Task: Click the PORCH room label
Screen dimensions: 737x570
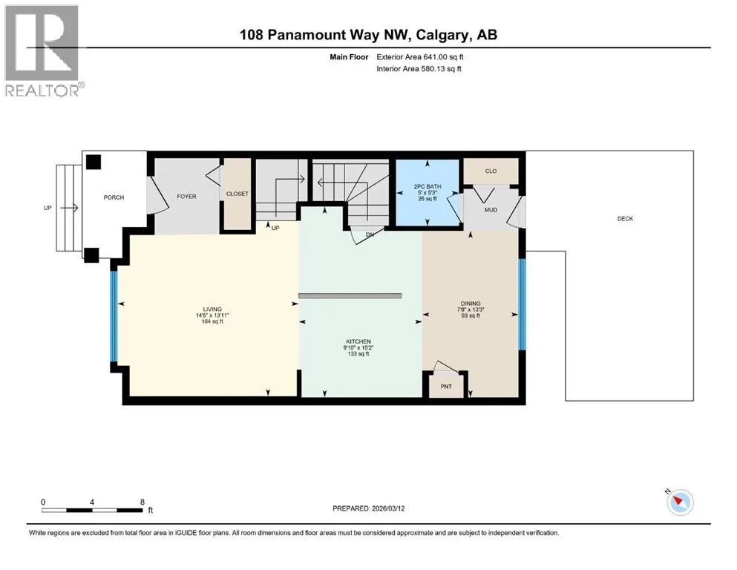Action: [114, 197]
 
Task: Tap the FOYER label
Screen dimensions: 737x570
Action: [186, 197]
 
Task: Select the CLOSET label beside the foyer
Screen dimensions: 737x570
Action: [238, 194]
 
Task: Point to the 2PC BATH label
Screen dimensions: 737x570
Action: [428, 186]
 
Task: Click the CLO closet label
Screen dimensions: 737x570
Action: [491, 171]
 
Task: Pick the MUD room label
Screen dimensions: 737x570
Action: [491, 210]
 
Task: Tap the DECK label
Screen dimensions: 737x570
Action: [625, 218]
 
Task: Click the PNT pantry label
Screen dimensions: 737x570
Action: [446, 386]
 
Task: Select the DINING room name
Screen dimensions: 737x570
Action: [471, 304]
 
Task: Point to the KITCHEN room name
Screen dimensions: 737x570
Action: [358, 341]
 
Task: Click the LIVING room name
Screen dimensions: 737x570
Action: [212, 309]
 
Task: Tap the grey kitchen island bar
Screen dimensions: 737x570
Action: [350, 296]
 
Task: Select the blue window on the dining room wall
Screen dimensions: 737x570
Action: [522, 304]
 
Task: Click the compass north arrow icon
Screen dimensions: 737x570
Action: [680, 502]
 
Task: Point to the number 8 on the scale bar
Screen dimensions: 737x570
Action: [142, 502]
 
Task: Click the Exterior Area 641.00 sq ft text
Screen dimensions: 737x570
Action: [420, 57]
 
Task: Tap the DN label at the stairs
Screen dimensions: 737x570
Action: [370, 234]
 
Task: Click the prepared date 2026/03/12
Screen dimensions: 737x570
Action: [387, 508]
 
